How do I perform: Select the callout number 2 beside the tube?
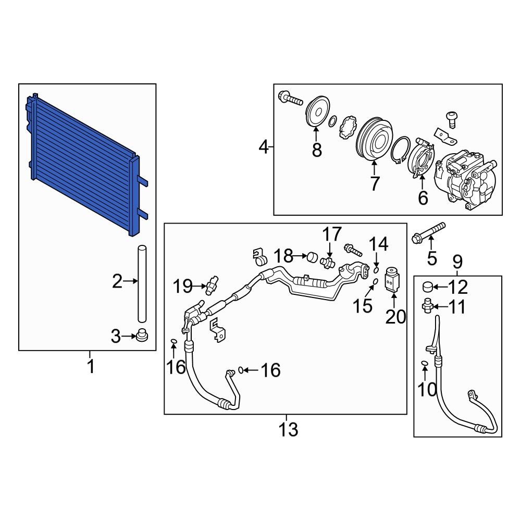pyautogui.click(x=117, y=282)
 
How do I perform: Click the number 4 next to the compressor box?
pyautogui.click(x=264, y=148)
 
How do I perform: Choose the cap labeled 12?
pyautogui.click(x=427, y=286)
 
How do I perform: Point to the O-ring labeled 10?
pyautogui.click(x=424, y=363)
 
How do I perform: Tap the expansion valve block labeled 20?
pyautogui.click(x=392, y=279)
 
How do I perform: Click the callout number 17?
pyautogui.click(x=331, y=234)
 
